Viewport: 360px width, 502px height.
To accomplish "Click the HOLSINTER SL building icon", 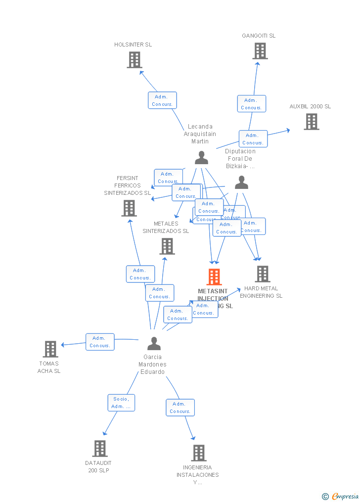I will (x=134, y=60).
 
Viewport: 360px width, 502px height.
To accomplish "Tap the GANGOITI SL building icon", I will (x=260, y=51).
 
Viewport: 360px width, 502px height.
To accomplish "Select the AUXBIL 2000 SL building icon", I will (x=311, y=122).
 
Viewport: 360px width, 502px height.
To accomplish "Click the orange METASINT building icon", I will (x=214, y=277).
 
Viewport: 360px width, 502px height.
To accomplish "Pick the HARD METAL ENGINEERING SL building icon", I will (x=262, y=274).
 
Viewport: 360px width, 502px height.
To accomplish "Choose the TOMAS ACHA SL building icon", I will (x=50, y=349).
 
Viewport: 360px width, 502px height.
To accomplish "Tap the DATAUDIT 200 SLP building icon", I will (x=99, y=449).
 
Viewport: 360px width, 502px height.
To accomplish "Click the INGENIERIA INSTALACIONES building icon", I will (x=198, y=453).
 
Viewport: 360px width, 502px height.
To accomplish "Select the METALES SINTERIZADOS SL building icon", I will (x=167, y=246).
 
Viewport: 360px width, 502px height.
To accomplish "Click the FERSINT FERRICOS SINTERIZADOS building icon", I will (x=129, y=208).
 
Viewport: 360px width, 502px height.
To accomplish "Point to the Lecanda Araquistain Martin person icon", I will (x=201, y=158).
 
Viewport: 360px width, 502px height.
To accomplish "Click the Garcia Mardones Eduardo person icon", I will (x=154, y=343).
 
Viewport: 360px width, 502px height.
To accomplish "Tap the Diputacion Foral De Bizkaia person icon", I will (x=241, y=183).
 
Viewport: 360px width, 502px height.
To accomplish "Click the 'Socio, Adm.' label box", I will (x=121, y=403).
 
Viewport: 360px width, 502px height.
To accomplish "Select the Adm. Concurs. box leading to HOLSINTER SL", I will (x=162, y=100).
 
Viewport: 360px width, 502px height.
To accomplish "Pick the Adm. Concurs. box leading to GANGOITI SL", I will (x=251, y=104).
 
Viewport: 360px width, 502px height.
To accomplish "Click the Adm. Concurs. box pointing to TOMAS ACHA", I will (x=100, y=342).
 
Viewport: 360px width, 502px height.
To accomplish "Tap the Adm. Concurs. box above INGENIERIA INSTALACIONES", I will (x=180, y=408).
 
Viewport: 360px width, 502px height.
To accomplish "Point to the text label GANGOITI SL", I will (x=259, y=36).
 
